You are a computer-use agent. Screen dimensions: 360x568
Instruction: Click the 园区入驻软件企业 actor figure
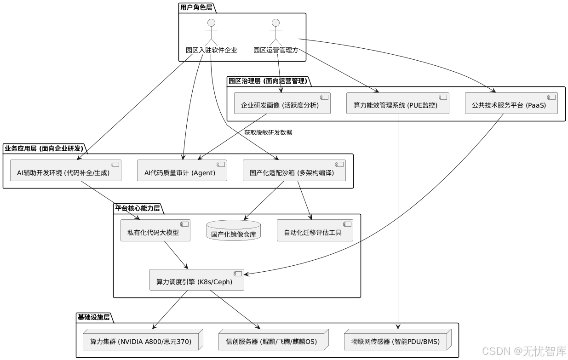coord(211,32)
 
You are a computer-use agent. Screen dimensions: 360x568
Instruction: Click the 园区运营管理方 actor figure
coord(275,32)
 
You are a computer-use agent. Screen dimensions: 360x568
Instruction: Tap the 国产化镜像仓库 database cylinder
coord(234,231)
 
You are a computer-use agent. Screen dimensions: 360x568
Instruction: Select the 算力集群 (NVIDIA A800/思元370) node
coord(140,342)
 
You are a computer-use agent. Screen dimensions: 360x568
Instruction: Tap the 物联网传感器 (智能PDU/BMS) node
coord(395,342)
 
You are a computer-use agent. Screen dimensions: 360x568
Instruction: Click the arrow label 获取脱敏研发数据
coord(268,132)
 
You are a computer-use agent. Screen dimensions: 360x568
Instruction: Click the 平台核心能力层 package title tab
coord(138,208)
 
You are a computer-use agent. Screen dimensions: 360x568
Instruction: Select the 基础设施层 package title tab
coord(94,317)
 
